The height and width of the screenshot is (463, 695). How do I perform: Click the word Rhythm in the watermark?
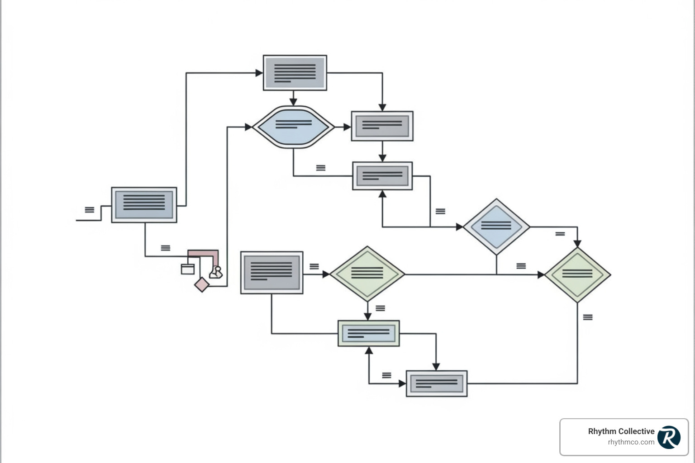(602, 431)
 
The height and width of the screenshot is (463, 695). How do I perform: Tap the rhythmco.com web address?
(631, 442)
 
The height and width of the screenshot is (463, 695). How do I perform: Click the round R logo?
(669, 437)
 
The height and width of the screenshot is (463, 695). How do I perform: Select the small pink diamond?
(202, 285)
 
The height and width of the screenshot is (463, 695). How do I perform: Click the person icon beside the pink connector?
(216, 272)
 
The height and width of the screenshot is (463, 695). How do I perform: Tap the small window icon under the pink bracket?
(187, 269)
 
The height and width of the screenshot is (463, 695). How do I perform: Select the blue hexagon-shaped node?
(293, 127)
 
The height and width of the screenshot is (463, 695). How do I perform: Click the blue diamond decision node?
(496, 227)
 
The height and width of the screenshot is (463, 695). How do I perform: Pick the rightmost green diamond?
(577, 274)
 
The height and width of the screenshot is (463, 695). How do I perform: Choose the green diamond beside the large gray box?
(367, 274)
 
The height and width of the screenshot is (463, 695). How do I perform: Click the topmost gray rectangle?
(295, 73)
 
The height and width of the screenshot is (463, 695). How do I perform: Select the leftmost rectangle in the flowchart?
(144, 205)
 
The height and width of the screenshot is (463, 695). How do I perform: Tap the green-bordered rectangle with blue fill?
(369, 334)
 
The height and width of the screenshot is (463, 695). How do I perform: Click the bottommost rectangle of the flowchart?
(437, 383)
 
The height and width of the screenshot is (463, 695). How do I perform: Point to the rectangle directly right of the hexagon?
(382, 126)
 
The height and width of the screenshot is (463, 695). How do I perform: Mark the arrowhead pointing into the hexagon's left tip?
(248, 127)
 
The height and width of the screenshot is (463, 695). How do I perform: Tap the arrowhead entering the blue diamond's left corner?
(460, 227)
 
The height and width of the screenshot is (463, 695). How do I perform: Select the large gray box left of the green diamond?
(271, 273)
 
